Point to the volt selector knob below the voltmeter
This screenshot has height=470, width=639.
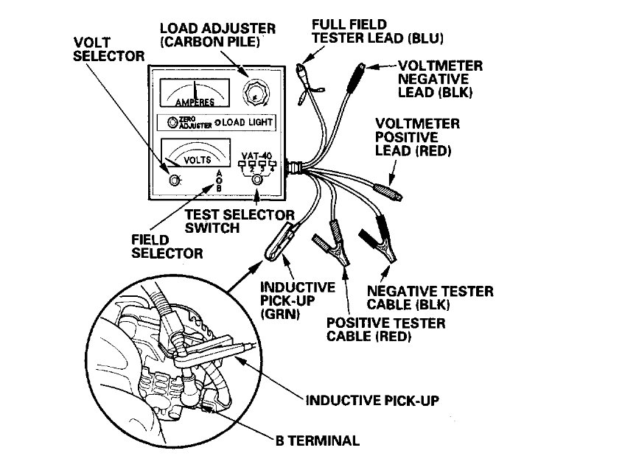coord(175,180)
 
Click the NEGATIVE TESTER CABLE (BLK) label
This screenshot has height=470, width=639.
coord(430,298)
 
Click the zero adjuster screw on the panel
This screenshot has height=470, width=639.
coord(172,123)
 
